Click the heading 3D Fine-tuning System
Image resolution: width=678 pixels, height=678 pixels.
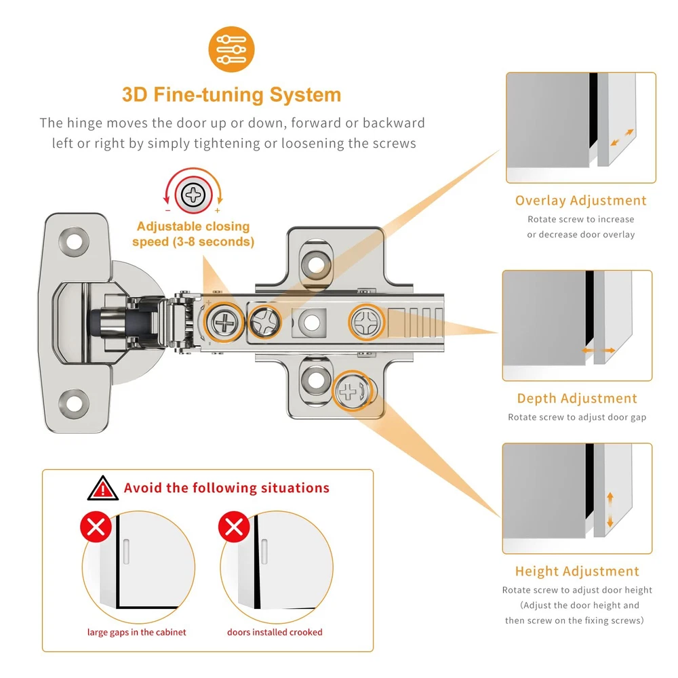pos(231,94)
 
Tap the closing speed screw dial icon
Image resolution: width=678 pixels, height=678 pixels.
pos(194,196)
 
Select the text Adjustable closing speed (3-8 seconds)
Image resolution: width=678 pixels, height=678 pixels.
pos(193,234)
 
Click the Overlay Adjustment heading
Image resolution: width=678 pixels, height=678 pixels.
pos(580,201)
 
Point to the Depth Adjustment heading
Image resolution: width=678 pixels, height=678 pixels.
pos(577,399)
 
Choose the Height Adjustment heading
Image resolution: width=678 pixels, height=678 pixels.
pos(577,572)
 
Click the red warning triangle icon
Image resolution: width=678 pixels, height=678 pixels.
pos(103,487)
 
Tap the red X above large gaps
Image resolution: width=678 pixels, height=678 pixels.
pos(96,526)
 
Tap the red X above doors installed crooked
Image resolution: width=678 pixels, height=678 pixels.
pos(234,526)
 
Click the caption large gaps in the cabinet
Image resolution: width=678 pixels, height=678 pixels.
pos(136,633)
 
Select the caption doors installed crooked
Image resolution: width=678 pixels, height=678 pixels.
pos(275,633)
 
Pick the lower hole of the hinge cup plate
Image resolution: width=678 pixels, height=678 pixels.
pos(73,402)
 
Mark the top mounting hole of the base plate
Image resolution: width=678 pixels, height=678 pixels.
pos(315,260)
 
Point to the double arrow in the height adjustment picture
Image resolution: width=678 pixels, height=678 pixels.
pos(610,510)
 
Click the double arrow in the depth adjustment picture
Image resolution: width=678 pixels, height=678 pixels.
pos(599,351)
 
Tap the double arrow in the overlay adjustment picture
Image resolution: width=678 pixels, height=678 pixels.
pos(622,138)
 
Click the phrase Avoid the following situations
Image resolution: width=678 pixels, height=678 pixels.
pos(226,488)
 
